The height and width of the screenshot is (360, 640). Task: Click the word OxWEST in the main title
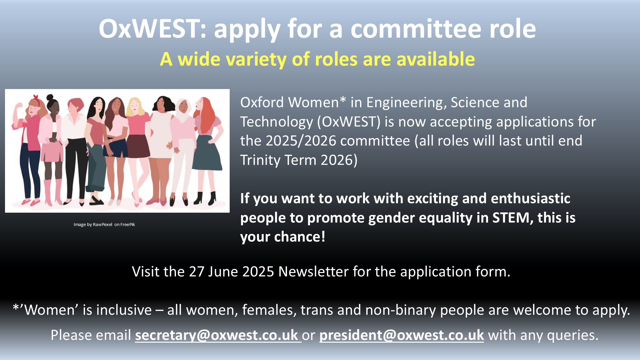(149, 29)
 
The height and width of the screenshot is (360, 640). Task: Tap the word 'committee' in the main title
(416, 29)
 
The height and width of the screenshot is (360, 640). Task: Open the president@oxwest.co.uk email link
(402, 335)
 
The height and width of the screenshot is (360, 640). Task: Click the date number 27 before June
(196, 272)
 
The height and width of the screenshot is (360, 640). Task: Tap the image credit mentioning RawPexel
(104, 224)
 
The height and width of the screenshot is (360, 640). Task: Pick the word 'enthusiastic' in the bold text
(531, 198)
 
